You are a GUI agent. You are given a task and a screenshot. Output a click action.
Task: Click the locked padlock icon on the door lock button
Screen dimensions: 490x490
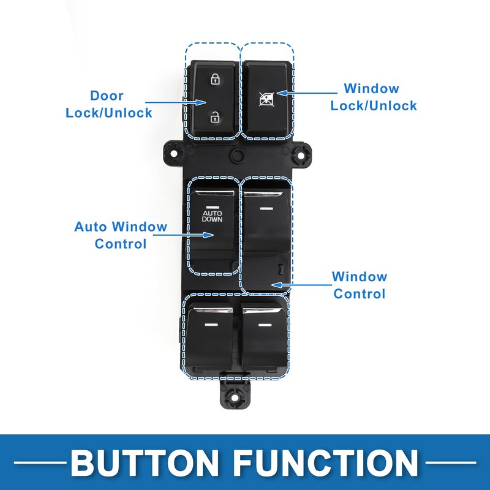(215, 79)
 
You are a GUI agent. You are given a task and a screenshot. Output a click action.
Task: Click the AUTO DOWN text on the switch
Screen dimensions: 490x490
(212, 215)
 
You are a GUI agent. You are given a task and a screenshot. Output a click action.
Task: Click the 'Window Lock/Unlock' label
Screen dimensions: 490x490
(374, 97)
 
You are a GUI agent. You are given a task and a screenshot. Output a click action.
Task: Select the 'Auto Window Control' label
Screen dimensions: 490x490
(121, 235)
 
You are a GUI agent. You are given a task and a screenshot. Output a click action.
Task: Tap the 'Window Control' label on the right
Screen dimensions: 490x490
(360, 285)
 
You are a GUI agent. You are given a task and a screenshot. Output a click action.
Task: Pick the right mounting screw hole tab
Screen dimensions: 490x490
(301, 154)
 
